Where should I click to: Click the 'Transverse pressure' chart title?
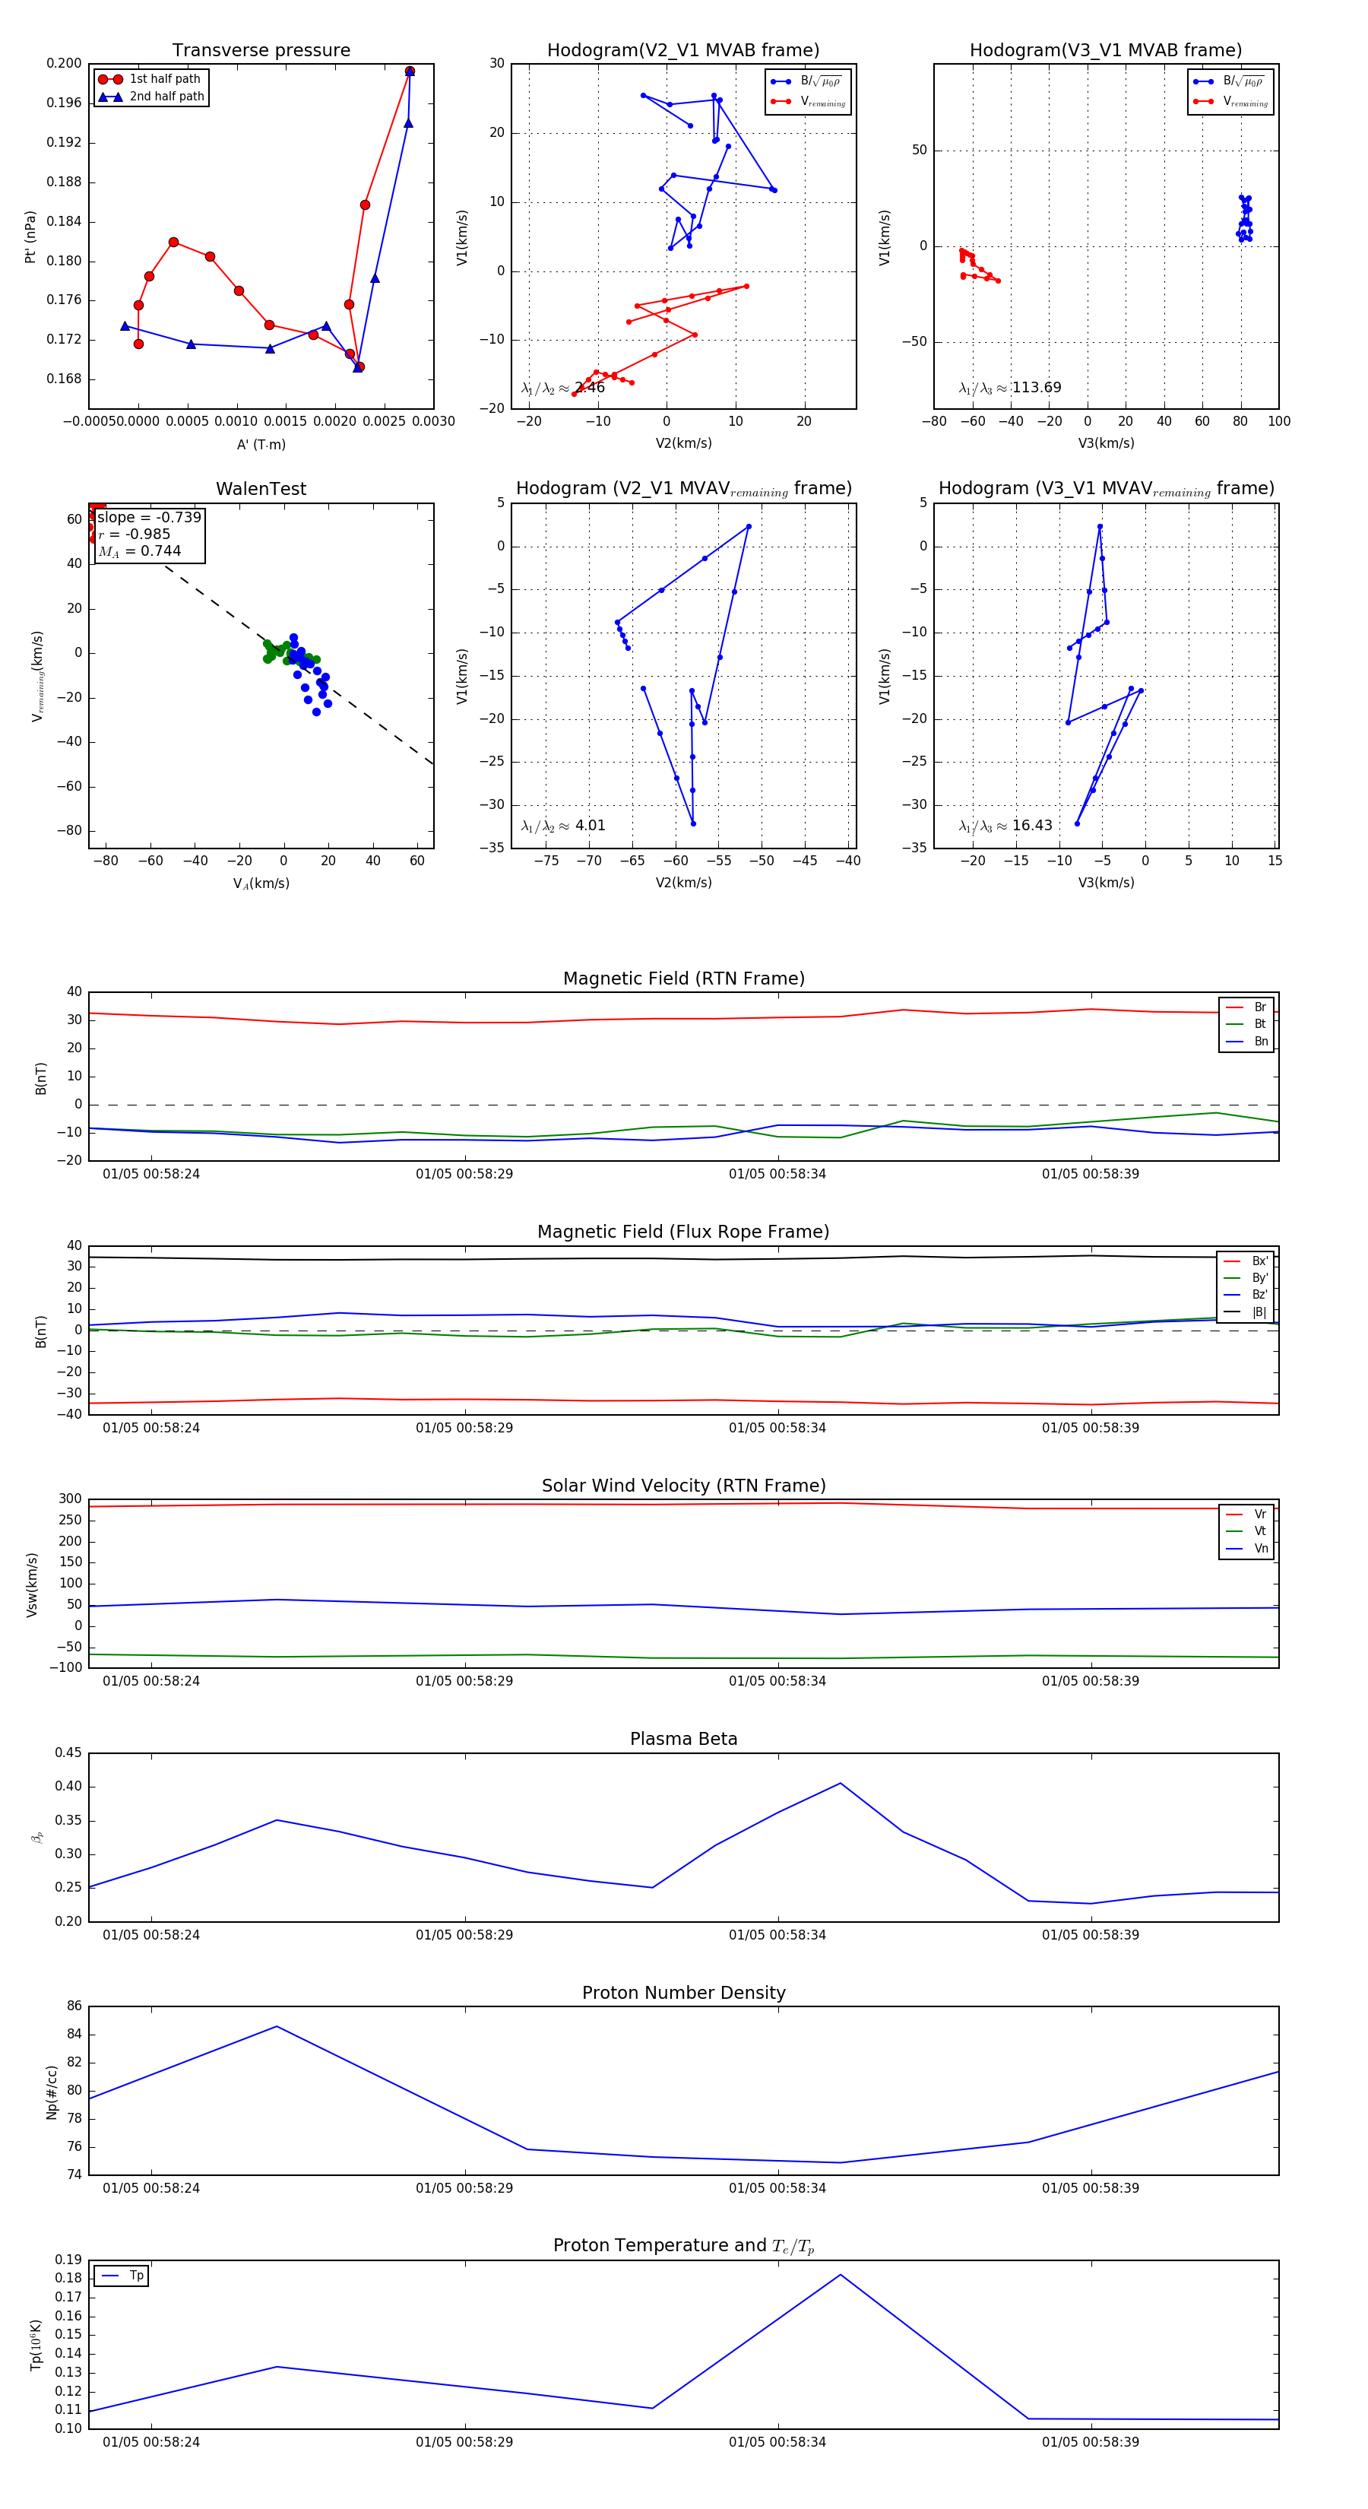click(261, 51)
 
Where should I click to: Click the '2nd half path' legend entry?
click(166, 97)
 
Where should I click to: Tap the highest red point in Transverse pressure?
click(410, 71)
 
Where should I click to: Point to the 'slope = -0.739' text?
click(149, 517)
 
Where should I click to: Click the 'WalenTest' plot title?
click(261, 489)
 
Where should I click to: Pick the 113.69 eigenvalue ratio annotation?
click(1036, 388)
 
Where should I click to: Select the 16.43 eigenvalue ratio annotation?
click(1031, 825)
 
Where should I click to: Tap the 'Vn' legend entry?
click(1260, 1549)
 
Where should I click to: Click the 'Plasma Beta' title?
click(683, 1739)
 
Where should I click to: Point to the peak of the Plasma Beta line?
click(841, 1784)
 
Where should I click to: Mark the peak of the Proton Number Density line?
click(277, 2026)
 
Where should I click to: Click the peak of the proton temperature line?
click(841, 2274)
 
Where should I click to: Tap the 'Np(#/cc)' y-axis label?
click(52, 2091)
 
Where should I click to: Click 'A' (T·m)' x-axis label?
click(261, 444)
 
